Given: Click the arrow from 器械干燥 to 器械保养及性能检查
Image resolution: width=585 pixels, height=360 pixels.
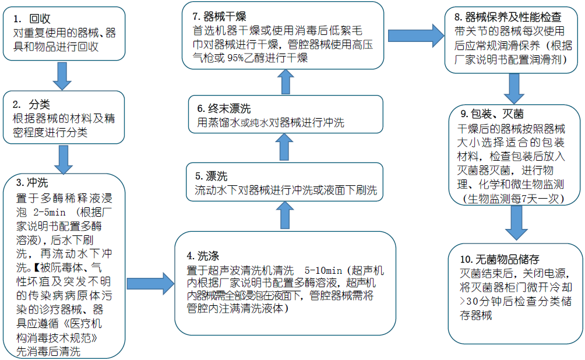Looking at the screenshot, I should pos(414,35).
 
